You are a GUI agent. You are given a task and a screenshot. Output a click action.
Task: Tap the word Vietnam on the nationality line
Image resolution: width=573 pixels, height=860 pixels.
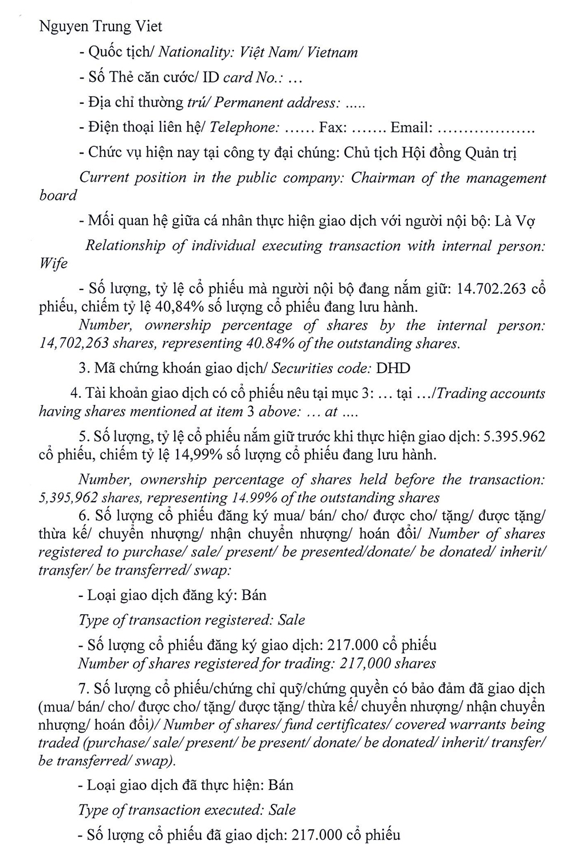pyautogui.click(x=332, y=53)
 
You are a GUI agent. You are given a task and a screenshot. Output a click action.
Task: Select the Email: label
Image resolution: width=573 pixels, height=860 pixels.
pyautogui.click(x=411, y=127)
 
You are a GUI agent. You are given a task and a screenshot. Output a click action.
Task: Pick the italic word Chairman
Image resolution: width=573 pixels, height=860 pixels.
pyautogui.click(x=384, y=178)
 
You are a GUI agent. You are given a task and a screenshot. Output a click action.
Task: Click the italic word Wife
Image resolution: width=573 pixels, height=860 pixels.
pyautogui.click(x=53, y=264)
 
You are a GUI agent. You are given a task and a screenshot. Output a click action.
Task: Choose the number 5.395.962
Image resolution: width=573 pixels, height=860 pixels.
pyautogui.click(x=515, y=437)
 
